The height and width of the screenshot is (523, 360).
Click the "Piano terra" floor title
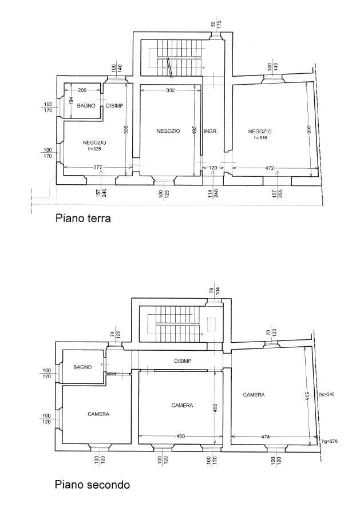pos(83,219)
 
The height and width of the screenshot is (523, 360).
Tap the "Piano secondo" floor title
pos(92,484)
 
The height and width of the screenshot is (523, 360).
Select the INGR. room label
pos(211,132)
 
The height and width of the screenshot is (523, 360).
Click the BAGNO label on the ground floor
pos(86,106)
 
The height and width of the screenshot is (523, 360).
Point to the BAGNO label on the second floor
pos(82,367)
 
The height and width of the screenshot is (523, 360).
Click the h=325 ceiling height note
pos(94,149)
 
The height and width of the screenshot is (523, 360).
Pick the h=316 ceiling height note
pos(260,137)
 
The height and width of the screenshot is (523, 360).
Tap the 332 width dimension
pos(170,90)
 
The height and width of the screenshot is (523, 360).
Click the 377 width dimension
pos(97,167)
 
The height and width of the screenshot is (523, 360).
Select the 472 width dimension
pos(269,168)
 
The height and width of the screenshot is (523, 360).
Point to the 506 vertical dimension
pos(126,129)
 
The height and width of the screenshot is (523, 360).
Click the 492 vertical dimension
pos(195,130)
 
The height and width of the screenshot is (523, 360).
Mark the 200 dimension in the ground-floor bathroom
pos(82,90)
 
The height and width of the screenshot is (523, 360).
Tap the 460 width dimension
pos(180,436)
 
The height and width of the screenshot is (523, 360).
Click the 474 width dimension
pos(265,436)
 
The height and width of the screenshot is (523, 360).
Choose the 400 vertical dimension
pos(215,408)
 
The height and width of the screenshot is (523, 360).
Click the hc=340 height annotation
pos(327,394)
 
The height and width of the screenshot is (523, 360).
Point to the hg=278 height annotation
pos(329,441)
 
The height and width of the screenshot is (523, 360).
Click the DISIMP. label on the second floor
pos(184,361)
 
